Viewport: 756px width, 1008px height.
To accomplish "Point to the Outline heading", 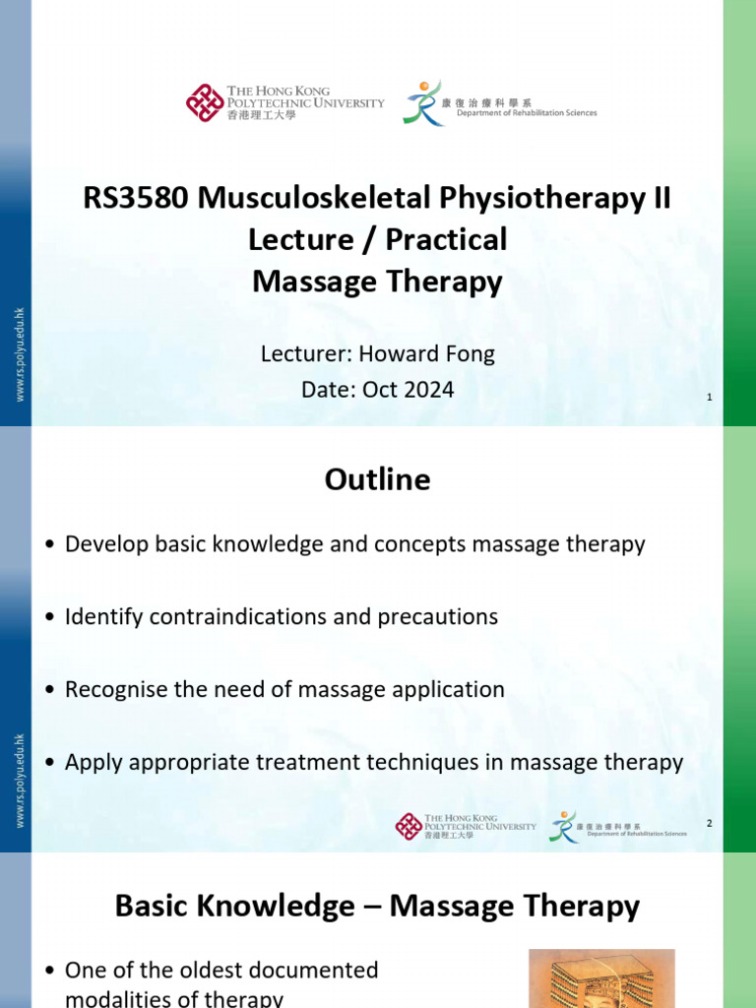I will point(378,479).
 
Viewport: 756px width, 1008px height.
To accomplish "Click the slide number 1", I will point(710,397).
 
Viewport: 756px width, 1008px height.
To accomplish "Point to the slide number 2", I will point(709,822).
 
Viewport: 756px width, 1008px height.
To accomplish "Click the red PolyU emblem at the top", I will point(205,102).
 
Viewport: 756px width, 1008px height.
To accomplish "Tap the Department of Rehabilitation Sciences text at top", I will point(527,113).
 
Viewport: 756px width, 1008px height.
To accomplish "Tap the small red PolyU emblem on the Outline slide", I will point(409,826).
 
